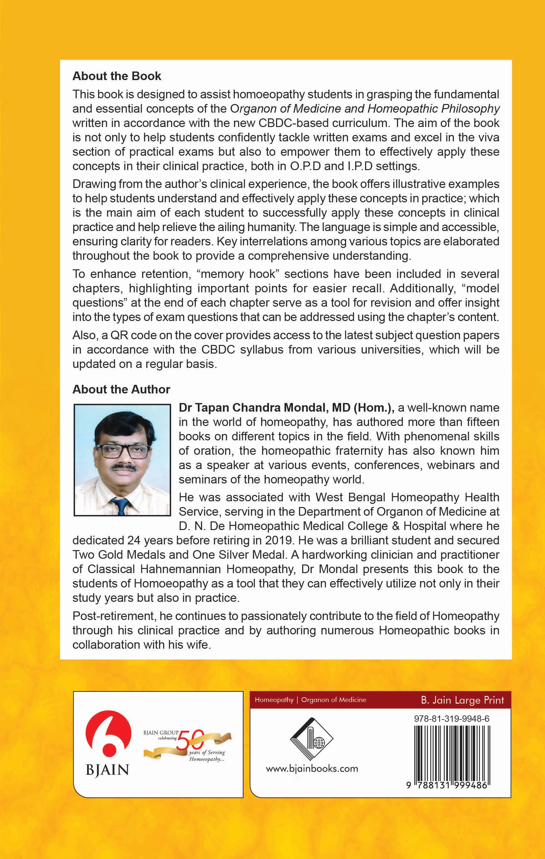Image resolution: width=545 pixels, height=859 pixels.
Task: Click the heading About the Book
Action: tap(117, 76)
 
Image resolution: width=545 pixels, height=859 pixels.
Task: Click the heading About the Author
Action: tap(121, 389)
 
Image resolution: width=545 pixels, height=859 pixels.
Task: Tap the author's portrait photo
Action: tap(122, 459)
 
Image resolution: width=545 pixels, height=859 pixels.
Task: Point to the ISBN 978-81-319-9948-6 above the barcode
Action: tap(452, 719)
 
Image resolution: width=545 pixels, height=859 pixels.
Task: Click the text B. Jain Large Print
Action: tap(462, 700)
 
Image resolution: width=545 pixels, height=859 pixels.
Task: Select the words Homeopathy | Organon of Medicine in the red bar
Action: tap(310, 700)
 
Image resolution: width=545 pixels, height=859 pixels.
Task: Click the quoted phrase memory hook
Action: tap(239, 274)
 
